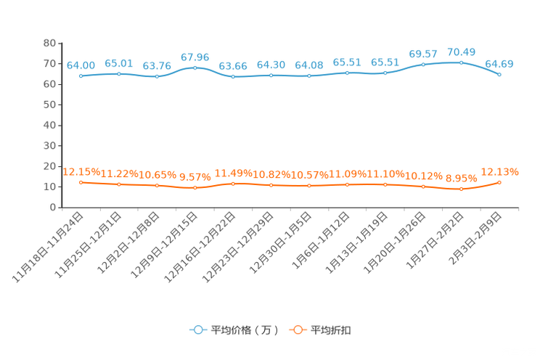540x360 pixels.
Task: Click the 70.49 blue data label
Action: tap(461, 52)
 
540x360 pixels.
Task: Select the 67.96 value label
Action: tap(195, 57)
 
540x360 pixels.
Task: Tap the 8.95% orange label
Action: tap(461, 179)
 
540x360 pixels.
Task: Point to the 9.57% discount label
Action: tap(195, 177)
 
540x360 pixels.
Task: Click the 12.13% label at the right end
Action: tap(499, 172)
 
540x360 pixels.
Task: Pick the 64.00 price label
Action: tap(81, 65)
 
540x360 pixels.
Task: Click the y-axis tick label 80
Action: tap(49, 43)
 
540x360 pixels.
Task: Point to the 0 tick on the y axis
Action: tap(53, 208)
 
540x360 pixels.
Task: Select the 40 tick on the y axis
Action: tap(49, 126)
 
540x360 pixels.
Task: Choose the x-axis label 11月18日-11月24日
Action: tap(47, 247)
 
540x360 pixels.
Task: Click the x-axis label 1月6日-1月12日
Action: tap(321, 240)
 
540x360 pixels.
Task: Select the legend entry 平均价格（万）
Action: tap(234, 330)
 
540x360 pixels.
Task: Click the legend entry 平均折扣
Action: tap(320, 330)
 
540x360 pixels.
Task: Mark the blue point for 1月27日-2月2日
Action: tap(461, 62)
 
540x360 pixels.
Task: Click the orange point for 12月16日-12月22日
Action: tap(233, 184)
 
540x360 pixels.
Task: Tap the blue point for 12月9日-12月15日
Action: tap(195, 68)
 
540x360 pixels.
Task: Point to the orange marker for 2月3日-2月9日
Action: tap(499, 183)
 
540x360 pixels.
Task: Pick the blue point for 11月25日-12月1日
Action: tap(119, 74)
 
